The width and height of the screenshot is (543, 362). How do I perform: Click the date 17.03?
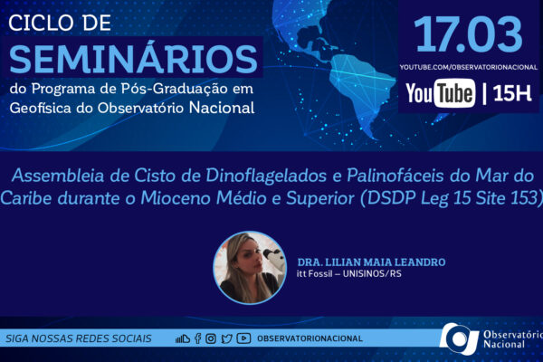[468, 34]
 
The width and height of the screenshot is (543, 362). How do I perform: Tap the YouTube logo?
[440, 93]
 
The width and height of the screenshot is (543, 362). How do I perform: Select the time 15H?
[512, 93]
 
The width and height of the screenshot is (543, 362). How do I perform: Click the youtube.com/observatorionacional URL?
[469, 67]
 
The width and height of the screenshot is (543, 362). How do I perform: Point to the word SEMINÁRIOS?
[134, 59]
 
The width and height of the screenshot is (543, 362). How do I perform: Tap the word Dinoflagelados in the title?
[266, 176]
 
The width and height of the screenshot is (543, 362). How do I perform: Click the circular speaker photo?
[250, 268]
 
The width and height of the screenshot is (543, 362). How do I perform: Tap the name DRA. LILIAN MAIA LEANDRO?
[371, 262]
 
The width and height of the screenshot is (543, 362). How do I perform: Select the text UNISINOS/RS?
[372, 273]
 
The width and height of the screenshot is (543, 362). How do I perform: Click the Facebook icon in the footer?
[197, 338]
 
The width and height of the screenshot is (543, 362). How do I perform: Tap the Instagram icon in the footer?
[211, 338]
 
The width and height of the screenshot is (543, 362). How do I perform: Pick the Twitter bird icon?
[226, 338]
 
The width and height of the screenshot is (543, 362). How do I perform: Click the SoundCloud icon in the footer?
[183, 338]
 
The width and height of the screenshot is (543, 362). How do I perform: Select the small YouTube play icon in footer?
[243, 338]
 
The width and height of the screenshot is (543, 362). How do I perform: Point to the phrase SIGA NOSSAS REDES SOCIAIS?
[79, 338]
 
